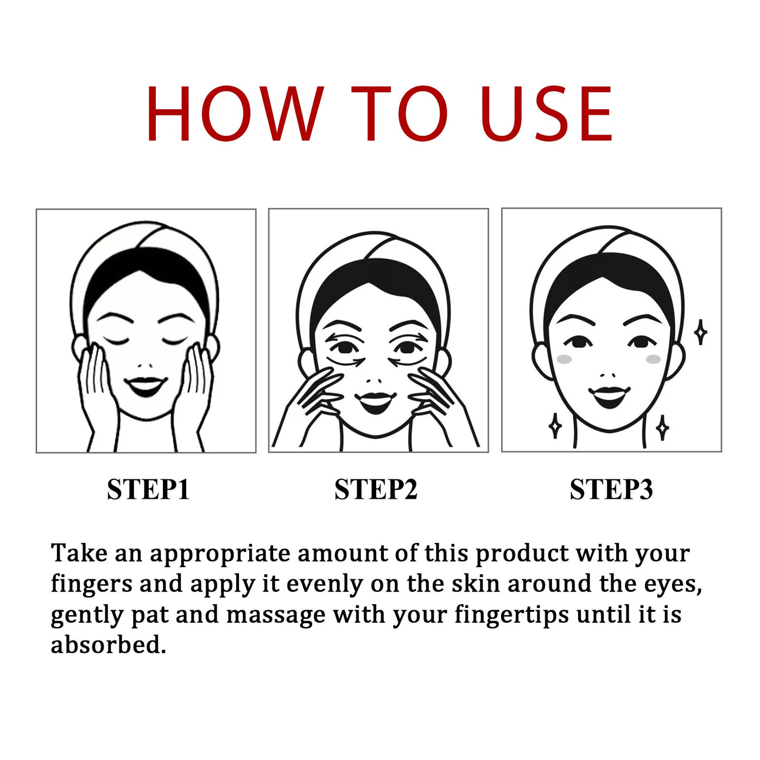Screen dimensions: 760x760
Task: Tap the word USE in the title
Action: tap(546, 114)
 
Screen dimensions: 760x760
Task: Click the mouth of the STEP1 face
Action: tap(145, 385)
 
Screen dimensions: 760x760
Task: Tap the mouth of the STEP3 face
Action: tap(609, 396)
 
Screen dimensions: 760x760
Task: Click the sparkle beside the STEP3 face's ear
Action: tap(701, 332)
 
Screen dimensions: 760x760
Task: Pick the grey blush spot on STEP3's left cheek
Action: tap(565, 359)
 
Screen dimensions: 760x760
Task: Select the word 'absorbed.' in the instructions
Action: tap(108, 645)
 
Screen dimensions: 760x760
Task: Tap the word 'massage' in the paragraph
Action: tap(275, 615)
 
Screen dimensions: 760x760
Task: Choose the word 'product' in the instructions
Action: tap(522, 554)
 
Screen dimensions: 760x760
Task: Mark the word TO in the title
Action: tap(399, 114)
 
